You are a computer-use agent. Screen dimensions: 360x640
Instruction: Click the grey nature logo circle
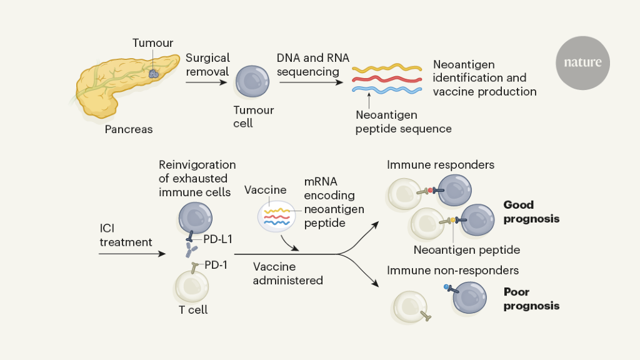(x=582, y=62)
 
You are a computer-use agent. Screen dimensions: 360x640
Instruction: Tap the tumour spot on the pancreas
(x=153, y=73)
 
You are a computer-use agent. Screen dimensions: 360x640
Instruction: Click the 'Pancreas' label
(x=129, y=129)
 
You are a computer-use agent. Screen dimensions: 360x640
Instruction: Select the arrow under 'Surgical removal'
(x=206, y=82)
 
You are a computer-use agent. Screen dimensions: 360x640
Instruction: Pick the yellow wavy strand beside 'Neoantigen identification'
(x=388, y=67)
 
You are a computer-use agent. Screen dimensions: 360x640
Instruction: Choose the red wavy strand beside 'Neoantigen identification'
(x=388, y=79)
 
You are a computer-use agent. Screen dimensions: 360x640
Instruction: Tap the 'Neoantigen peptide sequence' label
(x=403, y=122)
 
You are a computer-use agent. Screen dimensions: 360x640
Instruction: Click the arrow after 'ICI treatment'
(x=132, y=254)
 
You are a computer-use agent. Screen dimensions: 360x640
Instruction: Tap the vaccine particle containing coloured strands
(x=276, y=216)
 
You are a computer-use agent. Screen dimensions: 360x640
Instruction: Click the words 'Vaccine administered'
(x=287, y=273)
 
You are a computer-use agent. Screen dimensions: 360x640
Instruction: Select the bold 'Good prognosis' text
(x=531, y=212)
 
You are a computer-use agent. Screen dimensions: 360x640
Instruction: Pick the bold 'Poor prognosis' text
(x=531, y=299)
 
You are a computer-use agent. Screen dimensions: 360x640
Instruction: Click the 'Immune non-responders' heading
(x=452, y=271)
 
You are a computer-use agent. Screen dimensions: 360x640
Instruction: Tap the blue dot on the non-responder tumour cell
(x=447, y=287)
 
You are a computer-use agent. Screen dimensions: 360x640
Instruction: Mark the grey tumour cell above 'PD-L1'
(x=196, y=216)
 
